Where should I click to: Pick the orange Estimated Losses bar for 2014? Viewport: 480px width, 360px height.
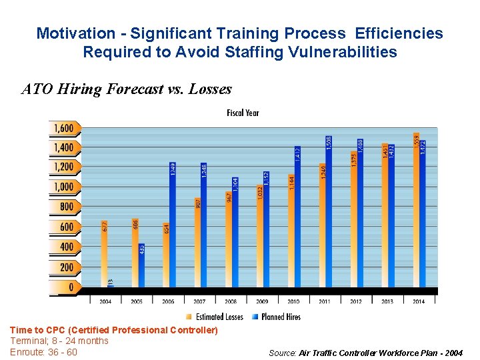(417, 210)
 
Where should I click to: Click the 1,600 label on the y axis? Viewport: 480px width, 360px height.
(63, 128)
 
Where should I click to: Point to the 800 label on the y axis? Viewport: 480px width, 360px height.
(66, 207)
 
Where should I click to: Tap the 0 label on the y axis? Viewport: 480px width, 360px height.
(70, 287)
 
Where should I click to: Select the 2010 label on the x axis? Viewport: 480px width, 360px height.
(293, 301)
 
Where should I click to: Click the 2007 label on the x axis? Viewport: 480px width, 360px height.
(199, 301)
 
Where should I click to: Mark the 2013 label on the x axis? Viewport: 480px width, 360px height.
(387, 301)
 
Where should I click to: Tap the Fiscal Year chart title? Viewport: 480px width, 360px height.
(243, 113)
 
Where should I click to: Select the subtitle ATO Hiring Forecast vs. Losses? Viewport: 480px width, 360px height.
(127, 89)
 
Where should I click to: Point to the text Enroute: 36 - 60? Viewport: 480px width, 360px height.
(44, 352)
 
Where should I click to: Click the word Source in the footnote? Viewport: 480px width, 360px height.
(282, 353)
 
